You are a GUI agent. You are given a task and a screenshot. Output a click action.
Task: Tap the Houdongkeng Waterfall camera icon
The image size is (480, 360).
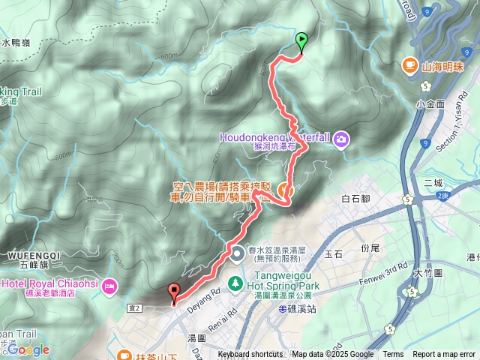point(341,138)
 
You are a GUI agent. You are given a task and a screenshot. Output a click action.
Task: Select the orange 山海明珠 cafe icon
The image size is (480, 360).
point(409,65)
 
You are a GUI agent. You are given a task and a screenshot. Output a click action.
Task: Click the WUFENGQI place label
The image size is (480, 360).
point(31,256)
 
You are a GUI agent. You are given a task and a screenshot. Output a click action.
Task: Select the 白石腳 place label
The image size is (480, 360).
point(356,199)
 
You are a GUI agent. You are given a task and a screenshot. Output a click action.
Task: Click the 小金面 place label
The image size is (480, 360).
point(431,103)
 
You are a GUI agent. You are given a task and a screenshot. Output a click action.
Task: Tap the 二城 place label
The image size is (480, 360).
point(433,182)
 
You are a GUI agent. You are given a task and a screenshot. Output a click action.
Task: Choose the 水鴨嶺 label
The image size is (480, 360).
point(16,43)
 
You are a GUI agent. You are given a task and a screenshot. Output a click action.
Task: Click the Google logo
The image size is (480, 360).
point(28,349)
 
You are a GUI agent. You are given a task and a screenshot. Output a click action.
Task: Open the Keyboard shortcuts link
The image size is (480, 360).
point(250,355)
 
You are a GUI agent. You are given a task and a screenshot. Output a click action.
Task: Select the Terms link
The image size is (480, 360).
point(393,355)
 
